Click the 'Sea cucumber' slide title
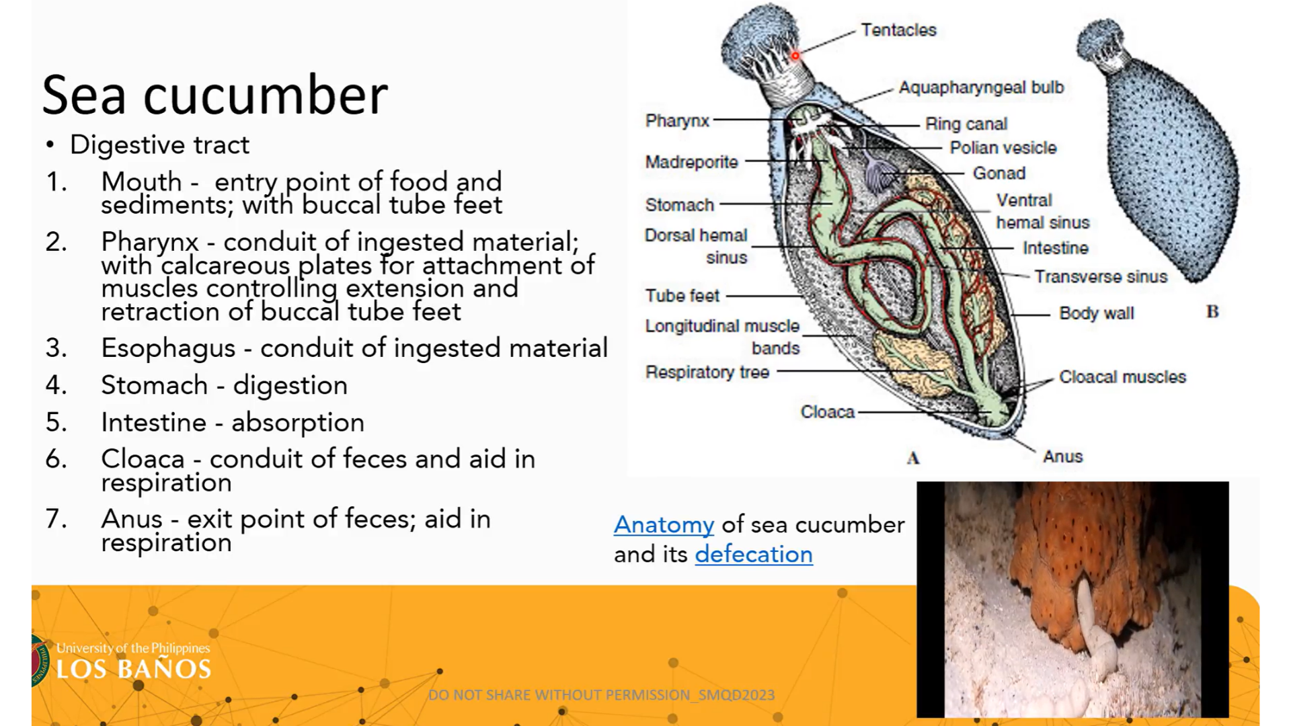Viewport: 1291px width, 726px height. click(215, 95)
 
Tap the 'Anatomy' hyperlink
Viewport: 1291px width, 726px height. click(664, 524)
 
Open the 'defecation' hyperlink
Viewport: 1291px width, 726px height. click(754, 554)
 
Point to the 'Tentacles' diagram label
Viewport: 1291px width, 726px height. click(898, 30)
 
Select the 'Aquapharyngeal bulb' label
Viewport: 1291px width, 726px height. click(982, 87)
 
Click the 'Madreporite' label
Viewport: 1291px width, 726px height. click(691, 162)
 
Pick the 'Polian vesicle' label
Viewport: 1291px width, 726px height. click(1003, 148)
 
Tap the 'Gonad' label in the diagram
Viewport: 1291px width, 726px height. click(999, 173)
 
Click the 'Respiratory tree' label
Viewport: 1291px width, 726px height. click(707, 372)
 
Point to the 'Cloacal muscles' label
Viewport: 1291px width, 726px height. click(1122, 377)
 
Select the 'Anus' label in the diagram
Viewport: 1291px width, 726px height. click(1063, 456)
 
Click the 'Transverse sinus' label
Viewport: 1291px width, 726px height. click(1101, 277)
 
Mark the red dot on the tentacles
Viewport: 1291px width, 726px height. click(795, 56)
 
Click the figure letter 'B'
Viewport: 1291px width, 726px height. click(1212, 312)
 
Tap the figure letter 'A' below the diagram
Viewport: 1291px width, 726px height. click(912, 458)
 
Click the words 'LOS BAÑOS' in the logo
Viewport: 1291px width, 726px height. click(134, 669)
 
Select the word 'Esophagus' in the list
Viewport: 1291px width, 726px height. click(168, 348)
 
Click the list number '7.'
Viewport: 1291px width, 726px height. click(56, 519)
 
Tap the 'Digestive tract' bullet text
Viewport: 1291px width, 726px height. click(159, 145)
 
